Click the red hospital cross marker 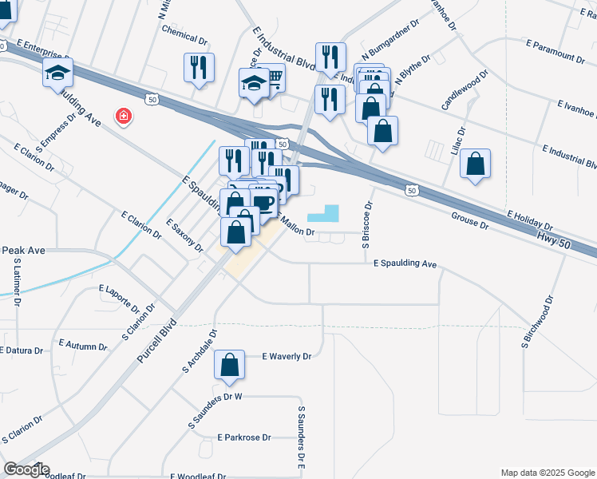[124, 117]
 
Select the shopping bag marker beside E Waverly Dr [230, 365]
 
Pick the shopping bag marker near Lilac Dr [475, 164]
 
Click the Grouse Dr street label [469, 220]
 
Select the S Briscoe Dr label [367, 226]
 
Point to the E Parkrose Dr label [245, 437]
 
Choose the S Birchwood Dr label [536, 323]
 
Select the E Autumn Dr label [83, 344]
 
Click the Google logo [26, 469]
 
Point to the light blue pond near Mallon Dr [322, 213]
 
